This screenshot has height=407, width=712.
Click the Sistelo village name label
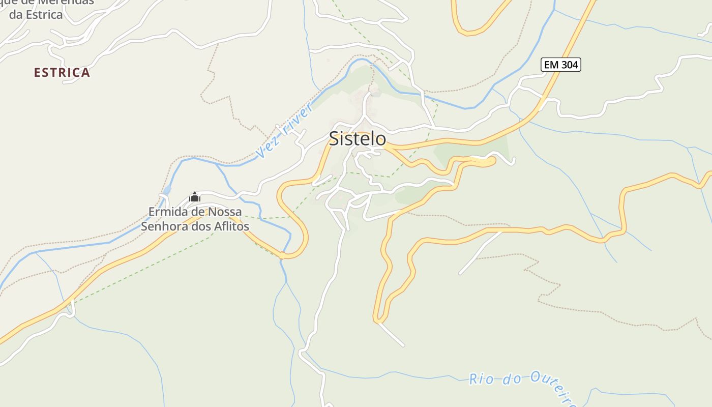357,138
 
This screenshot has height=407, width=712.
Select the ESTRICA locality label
62,73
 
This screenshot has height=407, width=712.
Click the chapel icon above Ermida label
194,197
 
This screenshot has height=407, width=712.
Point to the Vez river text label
285,130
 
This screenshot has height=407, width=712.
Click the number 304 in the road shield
569,65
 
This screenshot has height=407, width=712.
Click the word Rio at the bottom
481,379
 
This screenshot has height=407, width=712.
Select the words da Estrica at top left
36,14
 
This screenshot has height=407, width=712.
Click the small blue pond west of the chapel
167,191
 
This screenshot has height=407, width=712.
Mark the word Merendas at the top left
69,2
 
